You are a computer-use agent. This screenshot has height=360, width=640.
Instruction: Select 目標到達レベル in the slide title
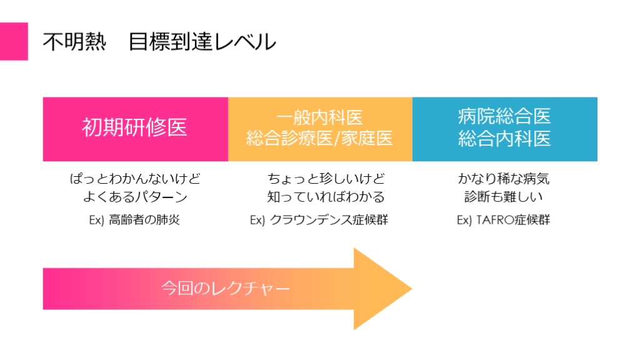click(202, 42)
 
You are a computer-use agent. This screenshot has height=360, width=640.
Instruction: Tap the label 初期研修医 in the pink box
click(135, 128)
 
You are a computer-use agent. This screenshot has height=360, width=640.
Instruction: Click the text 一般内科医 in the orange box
click(319, 117)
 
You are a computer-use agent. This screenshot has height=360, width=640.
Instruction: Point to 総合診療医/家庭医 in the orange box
click(319, 139)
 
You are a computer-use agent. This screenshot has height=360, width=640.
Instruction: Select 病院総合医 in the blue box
click(504, 117)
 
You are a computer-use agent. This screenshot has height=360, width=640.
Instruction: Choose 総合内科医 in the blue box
click(504, 139)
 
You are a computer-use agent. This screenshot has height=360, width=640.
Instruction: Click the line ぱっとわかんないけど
click(135, 179)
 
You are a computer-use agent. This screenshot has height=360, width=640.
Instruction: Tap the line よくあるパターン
click(135, 197)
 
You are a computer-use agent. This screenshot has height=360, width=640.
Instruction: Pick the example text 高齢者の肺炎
click(144, 220)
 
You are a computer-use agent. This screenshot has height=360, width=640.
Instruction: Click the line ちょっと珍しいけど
click(326, 179)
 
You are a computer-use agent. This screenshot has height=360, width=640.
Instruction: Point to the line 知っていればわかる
click(326, 197)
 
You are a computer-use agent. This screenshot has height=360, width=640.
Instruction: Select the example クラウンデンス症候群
click(329, 220)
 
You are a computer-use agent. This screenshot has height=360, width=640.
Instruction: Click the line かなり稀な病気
click(504, 179)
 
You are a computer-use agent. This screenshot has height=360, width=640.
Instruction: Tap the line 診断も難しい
click(504, 197)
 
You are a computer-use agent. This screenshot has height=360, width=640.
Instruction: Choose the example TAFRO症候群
click(512, 220)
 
